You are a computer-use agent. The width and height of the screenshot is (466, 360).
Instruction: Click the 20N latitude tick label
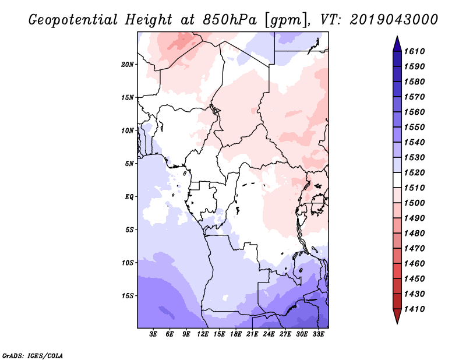pyautogui.click(x=128, y=65)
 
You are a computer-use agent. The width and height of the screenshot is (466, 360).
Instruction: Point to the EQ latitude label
pyautogui.click(x=129, y=197)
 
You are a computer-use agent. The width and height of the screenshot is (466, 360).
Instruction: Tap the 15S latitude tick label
pyautogui.click(x=128, y=296)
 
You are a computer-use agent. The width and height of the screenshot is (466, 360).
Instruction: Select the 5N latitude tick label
pyautogui.click(x=129, y=164)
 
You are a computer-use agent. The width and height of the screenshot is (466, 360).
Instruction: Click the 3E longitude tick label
pyautogui.click(x=153, y=334)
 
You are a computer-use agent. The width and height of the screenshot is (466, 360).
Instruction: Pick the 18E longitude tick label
pyautogui.click(x=236, y=334)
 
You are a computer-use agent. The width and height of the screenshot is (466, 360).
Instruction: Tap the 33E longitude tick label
pyautogui.click(x=318, y=334)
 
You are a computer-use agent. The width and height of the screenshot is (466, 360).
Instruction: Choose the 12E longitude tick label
pyautogui.click(x=203, y=334)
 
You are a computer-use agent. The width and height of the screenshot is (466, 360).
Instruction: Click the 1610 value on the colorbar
pyautogui.click(x=414, y=51)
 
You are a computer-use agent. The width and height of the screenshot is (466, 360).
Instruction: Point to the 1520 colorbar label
pyautogui.click(x=414, y=172)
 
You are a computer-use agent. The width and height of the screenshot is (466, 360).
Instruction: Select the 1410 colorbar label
pyautogui.click(x=414, y=309)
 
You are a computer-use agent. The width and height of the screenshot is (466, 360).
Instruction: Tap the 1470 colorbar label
pyautogui.click(x=414, y=249)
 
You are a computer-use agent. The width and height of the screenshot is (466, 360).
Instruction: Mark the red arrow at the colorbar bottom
pyautogui.click(x=397, y=315)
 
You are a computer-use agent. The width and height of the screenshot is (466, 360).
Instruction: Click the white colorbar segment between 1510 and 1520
pyautogui.click(x=397, y=180)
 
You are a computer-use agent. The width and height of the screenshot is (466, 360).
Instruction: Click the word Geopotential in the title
pyautogui.click(x=73, y=20)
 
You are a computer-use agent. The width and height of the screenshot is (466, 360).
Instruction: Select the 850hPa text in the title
pyautogui.click(x=230, y=20)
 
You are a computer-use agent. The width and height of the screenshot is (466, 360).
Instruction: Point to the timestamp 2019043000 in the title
pyautogui.click(x=394, y=20)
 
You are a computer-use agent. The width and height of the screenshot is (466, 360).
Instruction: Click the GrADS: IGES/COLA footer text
pyautogui.click(x=33, y=356)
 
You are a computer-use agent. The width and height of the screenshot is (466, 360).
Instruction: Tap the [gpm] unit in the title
pyautogui.click(x=287, y=20)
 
